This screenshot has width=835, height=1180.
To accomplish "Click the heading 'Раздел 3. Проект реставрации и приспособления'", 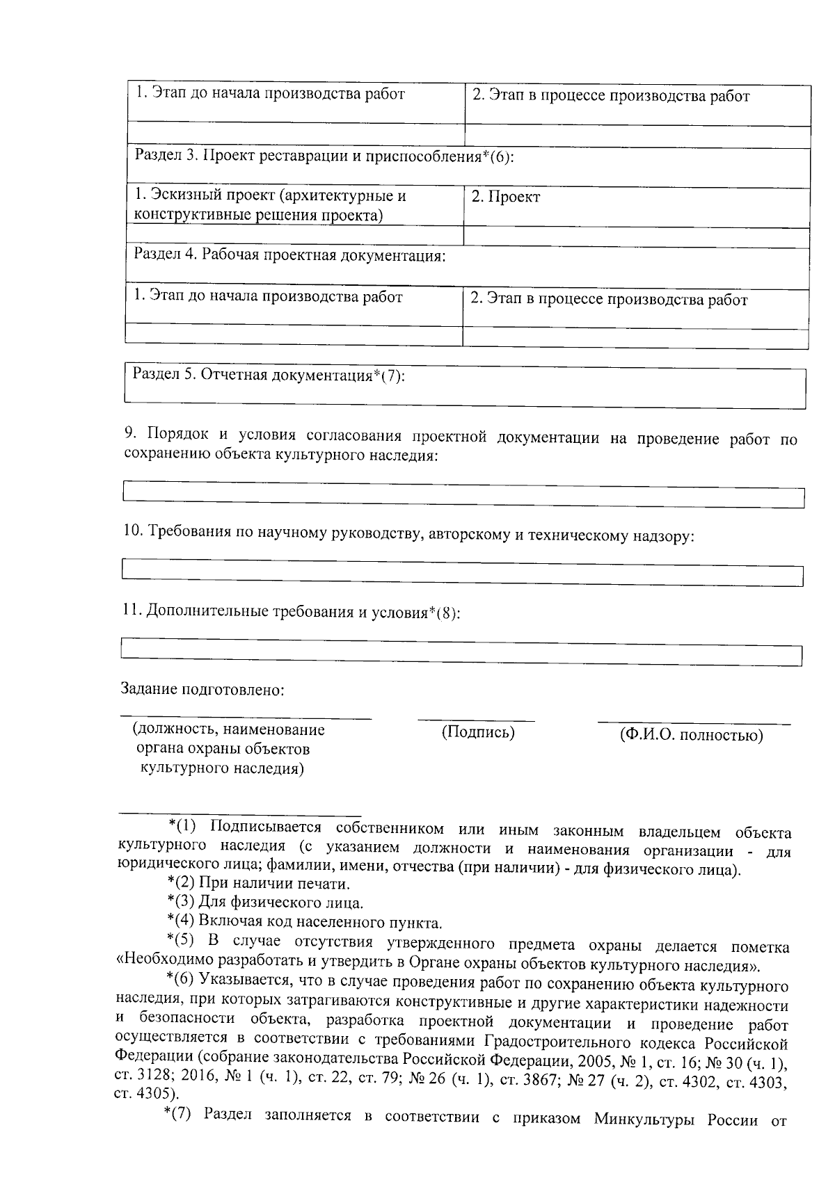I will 324,156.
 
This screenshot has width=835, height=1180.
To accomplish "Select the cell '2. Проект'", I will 506,197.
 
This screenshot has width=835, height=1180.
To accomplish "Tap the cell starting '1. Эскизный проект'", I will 271,205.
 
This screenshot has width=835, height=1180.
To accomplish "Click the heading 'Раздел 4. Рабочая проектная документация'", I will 289,255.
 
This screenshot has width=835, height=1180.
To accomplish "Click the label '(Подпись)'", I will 478,732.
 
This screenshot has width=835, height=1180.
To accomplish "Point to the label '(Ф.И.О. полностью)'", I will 691,736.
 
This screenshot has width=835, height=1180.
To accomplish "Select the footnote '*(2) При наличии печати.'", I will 259,884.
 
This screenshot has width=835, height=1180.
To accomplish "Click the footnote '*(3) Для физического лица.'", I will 265,903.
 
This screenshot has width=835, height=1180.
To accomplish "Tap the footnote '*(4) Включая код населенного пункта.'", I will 305,923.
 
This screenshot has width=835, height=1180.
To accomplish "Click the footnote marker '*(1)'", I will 183,826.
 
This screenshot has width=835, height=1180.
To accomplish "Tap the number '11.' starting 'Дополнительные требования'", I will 132,611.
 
